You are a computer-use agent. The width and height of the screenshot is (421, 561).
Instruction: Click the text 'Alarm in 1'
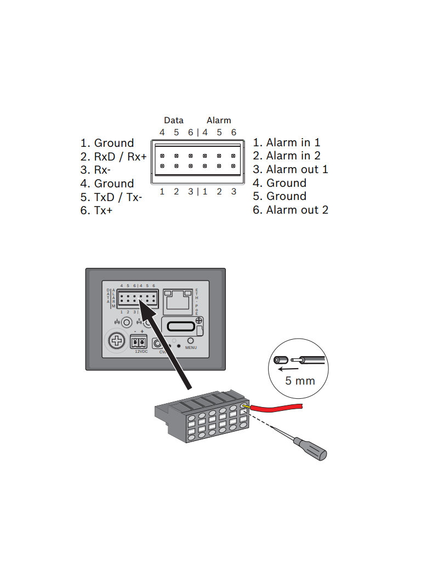pos(287,142)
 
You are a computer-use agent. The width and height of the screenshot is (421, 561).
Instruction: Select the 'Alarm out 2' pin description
pos(291,210)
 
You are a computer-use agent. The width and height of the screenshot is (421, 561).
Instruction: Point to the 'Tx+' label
pos(96,210)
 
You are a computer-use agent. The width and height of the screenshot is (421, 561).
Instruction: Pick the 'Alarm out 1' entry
pos(291,169)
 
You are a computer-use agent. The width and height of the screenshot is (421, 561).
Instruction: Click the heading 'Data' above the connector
pos(174,121)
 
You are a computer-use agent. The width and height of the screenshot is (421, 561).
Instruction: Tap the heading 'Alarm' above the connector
pos(219,121)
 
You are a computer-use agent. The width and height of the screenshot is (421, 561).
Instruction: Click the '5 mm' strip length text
pos(300,380)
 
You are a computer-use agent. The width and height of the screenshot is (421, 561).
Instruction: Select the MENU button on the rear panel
pos(191,340)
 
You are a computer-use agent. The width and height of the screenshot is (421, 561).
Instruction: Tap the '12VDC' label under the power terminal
pos(141,352)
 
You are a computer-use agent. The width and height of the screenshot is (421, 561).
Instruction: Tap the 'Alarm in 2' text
pos(287,156)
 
